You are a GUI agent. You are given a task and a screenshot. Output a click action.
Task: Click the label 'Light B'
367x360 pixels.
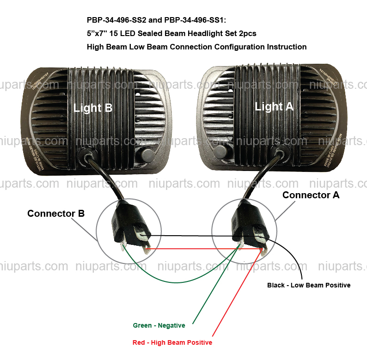coord(93,108)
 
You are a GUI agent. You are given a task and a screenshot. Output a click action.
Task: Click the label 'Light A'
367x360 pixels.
coord(274,106)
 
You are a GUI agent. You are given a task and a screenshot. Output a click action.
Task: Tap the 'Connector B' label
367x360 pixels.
coord(56,214)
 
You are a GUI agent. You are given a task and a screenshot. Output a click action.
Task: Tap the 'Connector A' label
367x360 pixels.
coord(311,195)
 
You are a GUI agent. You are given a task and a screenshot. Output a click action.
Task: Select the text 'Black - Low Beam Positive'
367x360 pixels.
coord(309,285)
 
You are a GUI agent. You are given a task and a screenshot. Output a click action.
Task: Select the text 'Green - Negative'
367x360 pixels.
coord(159,325)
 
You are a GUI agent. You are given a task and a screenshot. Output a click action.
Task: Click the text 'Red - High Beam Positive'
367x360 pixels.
coord(172,342)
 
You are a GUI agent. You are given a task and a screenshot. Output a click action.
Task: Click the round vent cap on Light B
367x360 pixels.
coord(147,154)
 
